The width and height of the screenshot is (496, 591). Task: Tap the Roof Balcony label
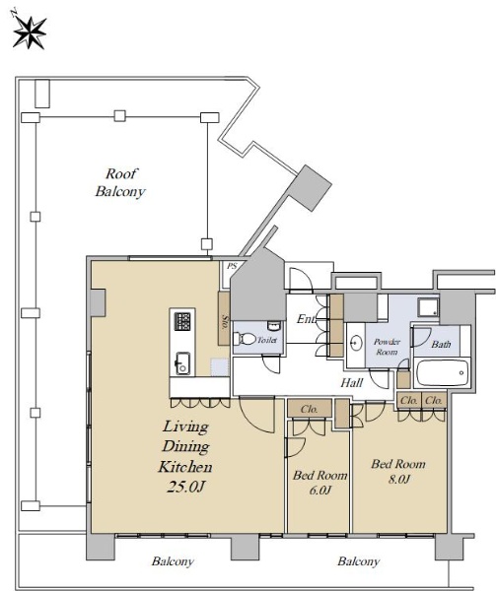120,182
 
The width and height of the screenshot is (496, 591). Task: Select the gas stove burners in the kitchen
182,321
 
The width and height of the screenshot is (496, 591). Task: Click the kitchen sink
182,363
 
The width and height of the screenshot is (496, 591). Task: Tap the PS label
232,266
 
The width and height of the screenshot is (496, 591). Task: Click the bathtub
442,372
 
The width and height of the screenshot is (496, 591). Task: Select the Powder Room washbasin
355,343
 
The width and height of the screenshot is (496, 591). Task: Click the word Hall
351,383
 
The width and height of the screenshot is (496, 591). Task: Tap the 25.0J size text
185,487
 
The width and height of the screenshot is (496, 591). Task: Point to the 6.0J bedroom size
319,490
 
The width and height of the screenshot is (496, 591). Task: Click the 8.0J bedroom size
398,479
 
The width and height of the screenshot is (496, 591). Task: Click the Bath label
441,344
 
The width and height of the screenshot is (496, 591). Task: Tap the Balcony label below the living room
173,561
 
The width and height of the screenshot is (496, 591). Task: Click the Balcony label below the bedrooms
358,561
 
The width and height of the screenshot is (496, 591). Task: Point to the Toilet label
267,340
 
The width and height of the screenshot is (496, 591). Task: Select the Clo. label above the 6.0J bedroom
309,409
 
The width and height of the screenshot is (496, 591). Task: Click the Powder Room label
387,347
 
